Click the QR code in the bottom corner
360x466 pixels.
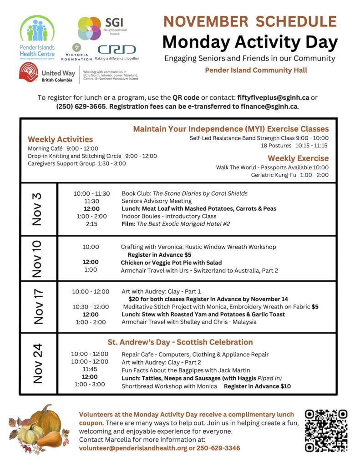pos(326,431)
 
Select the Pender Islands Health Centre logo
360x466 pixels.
pos(37,38)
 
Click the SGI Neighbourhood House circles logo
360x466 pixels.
pos(89,28)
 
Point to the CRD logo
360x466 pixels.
pos(117,50)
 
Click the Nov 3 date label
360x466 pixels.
pos(38,209)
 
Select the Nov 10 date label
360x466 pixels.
pos(38,258)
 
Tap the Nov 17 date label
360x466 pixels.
pos(38,306)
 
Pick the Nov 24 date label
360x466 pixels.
pos(38,363)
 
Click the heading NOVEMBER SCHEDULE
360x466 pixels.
pos(250,21)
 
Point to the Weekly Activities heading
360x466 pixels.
pos(60,139)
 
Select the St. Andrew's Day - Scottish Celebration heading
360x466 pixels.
pos(180,342)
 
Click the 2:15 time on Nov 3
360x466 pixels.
pos(91,224)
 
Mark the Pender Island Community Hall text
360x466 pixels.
pos(256,70)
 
